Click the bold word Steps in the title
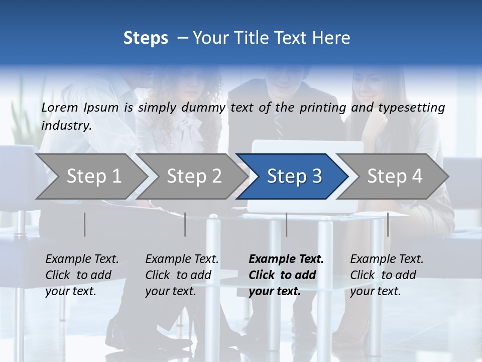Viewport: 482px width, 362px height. point(146,38)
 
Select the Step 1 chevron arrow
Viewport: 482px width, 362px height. point(90,176)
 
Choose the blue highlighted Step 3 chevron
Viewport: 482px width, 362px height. point(294,176)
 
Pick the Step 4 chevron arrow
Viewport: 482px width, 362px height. point(394,176)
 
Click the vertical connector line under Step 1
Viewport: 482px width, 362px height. point(84,224)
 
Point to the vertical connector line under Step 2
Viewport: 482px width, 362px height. point(185,224)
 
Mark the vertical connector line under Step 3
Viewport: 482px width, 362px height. point(286,224)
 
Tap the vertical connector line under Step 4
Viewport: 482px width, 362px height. point(388,224)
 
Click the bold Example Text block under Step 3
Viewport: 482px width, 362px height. point(286,275)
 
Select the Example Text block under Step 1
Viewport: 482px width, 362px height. point(82,275)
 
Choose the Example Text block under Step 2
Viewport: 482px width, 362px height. point(182,275)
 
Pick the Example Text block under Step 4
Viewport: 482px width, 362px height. point(387,275)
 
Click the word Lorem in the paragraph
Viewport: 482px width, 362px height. point(60,107)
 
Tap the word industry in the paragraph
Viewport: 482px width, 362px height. point(66,126)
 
